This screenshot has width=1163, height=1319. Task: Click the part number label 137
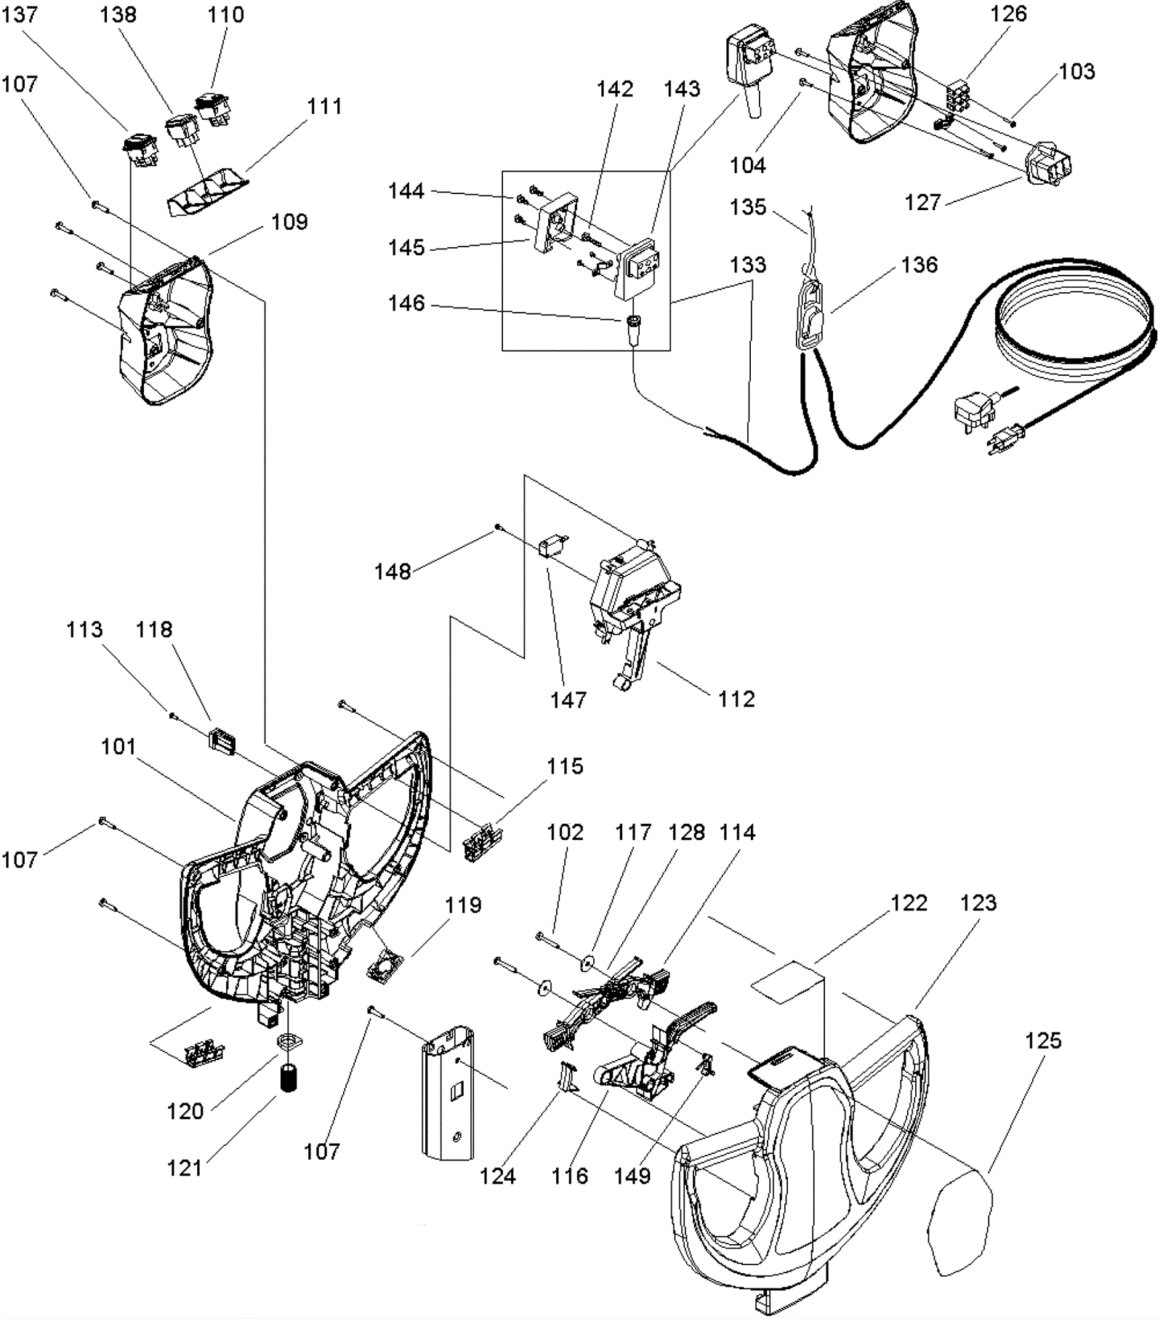(x=20, y=15)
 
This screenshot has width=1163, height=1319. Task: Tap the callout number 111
(x=324, y=107)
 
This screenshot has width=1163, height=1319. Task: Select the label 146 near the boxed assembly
(x=406, y=303)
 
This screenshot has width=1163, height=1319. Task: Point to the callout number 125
(x=1043, y=1041)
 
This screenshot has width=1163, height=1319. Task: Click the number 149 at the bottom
(x=632, y=1176)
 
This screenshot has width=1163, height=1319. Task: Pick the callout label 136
(x=919, y=265)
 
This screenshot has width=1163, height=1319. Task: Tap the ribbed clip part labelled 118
(x=222, y=740)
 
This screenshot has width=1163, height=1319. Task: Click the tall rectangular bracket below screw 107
(x=448, y=1091)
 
